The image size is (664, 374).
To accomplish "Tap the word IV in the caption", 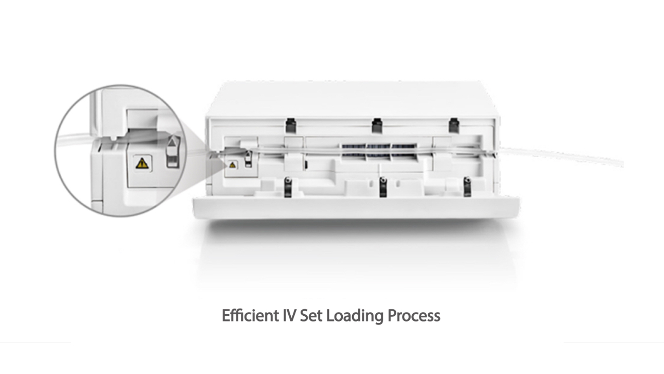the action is point(289,316).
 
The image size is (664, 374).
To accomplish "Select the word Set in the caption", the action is point(311,316).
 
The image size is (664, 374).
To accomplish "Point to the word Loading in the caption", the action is point(355,316).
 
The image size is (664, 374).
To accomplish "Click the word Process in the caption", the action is point(414,316).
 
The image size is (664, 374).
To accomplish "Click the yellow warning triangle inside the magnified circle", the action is point(142,163).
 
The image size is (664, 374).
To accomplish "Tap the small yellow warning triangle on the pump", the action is point(233,165).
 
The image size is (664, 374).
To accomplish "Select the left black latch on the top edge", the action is point(291,125).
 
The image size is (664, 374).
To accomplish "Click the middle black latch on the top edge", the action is point(377,125).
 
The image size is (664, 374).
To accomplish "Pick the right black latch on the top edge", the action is point(453,125).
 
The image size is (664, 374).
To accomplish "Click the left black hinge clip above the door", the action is point(288,187).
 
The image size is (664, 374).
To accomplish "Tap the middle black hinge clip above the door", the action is point(383,187).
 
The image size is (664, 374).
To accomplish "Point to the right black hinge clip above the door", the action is point(467,187).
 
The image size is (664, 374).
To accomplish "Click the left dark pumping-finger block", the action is point(354,152).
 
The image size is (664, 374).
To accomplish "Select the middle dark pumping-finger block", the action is point(379,152).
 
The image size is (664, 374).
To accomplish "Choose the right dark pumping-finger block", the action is point(405,152).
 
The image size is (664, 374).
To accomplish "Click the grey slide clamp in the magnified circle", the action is point(173,151).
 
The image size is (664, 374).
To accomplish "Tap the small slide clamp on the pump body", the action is point(249,159).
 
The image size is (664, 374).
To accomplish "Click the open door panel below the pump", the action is point(356,208).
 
